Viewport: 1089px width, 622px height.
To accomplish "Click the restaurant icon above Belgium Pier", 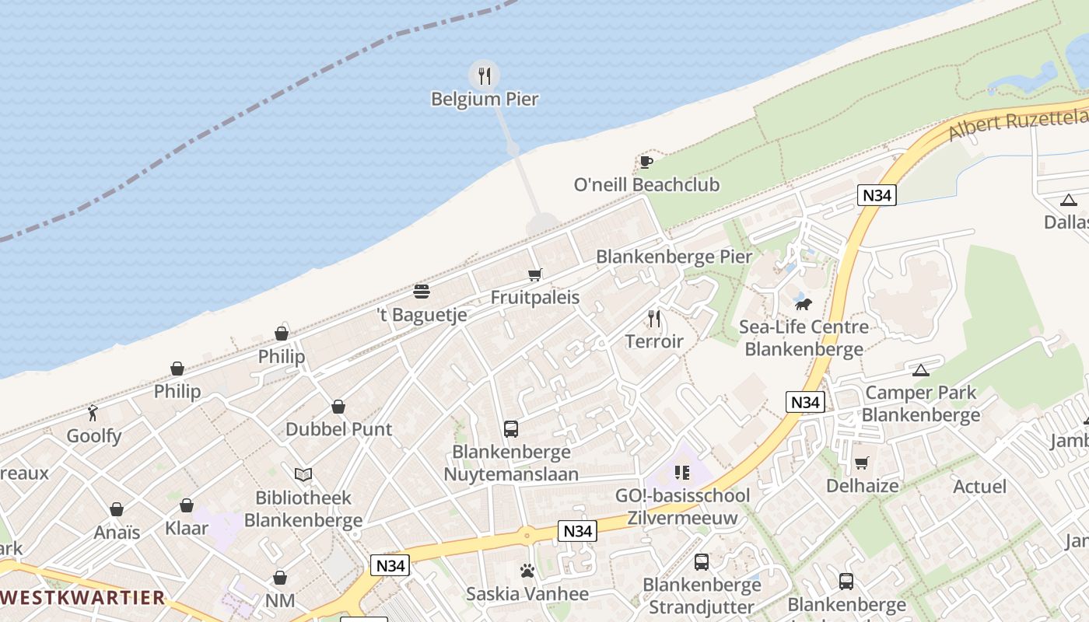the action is tap(485, 75).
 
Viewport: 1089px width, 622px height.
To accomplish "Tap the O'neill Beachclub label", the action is tap(646, 185).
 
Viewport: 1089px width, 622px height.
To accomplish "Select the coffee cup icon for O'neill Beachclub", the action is tap(646, 162).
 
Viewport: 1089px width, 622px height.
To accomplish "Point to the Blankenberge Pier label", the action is tap(674, 257).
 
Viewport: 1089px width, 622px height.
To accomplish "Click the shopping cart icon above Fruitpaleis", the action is tap(534, 274).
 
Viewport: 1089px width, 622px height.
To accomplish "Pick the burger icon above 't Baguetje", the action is tap(422, 292).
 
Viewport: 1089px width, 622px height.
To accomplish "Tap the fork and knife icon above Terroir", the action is tap(654, 319).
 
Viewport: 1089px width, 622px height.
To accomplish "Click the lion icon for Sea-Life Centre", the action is tap(804, 304).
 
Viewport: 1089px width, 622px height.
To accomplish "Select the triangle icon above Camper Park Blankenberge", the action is tap(921, 370).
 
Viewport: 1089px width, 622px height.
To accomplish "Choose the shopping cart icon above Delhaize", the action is tap(861, 463).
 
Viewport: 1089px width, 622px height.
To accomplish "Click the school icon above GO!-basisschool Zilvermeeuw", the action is tap(682, 472).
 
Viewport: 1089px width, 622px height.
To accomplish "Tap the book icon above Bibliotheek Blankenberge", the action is tap(303, 474).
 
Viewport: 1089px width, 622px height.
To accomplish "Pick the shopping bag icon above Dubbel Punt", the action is tap(338, 407).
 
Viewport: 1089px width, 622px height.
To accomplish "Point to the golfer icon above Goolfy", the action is tap(93, 413).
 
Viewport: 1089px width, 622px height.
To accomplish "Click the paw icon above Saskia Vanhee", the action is tap(527, 571).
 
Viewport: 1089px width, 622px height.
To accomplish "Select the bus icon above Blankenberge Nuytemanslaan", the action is tap(511, 428).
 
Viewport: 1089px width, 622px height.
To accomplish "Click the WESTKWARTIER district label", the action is tap(82, 598).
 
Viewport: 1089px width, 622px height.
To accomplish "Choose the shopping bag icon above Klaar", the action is tap(187, 505).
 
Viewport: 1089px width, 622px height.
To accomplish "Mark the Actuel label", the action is tap(979, 487).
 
